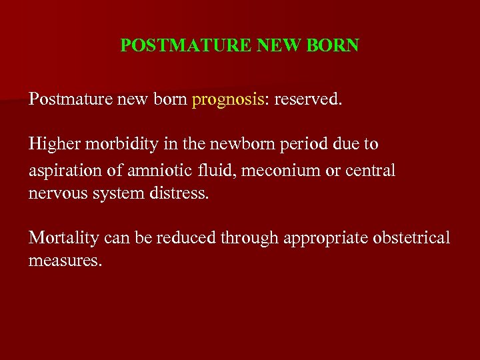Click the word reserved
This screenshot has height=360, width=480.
click(x=309, y=100)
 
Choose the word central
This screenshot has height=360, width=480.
click(x=371, y=171)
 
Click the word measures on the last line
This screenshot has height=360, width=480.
click(x=65, y=260)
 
